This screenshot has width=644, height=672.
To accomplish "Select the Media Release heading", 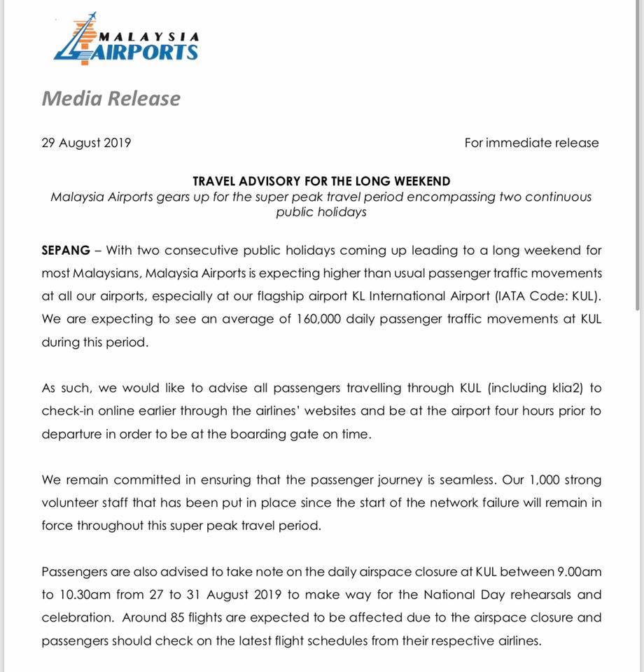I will (111, 99).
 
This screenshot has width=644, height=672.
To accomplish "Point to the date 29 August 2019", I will (86, 143).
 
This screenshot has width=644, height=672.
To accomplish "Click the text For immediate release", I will (531, 143).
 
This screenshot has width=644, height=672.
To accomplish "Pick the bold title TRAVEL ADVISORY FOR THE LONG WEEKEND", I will (321, 181).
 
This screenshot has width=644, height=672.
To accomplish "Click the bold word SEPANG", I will (66, 250).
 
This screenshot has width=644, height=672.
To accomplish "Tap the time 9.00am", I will (577, 572).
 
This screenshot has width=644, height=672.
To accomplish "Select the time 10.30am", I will (90, 595).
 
